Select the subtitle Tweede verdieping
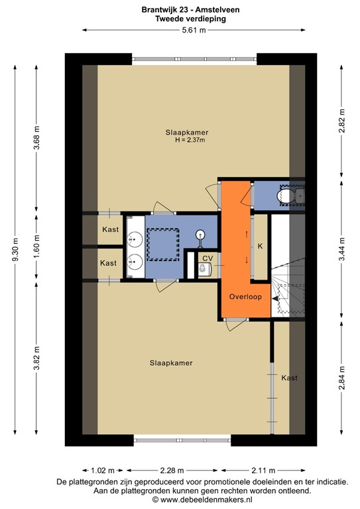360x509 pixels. tap(180, 20)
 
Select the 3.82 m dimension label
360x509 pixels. tap(37, 359)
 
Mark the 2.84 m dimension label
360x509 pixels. tap(341, 377)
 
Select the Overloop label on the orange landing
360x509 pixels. tap(246, 297)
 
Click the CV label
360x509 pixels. tap(208, 258)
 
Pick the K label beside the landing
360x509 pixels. tap(261, 246)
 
